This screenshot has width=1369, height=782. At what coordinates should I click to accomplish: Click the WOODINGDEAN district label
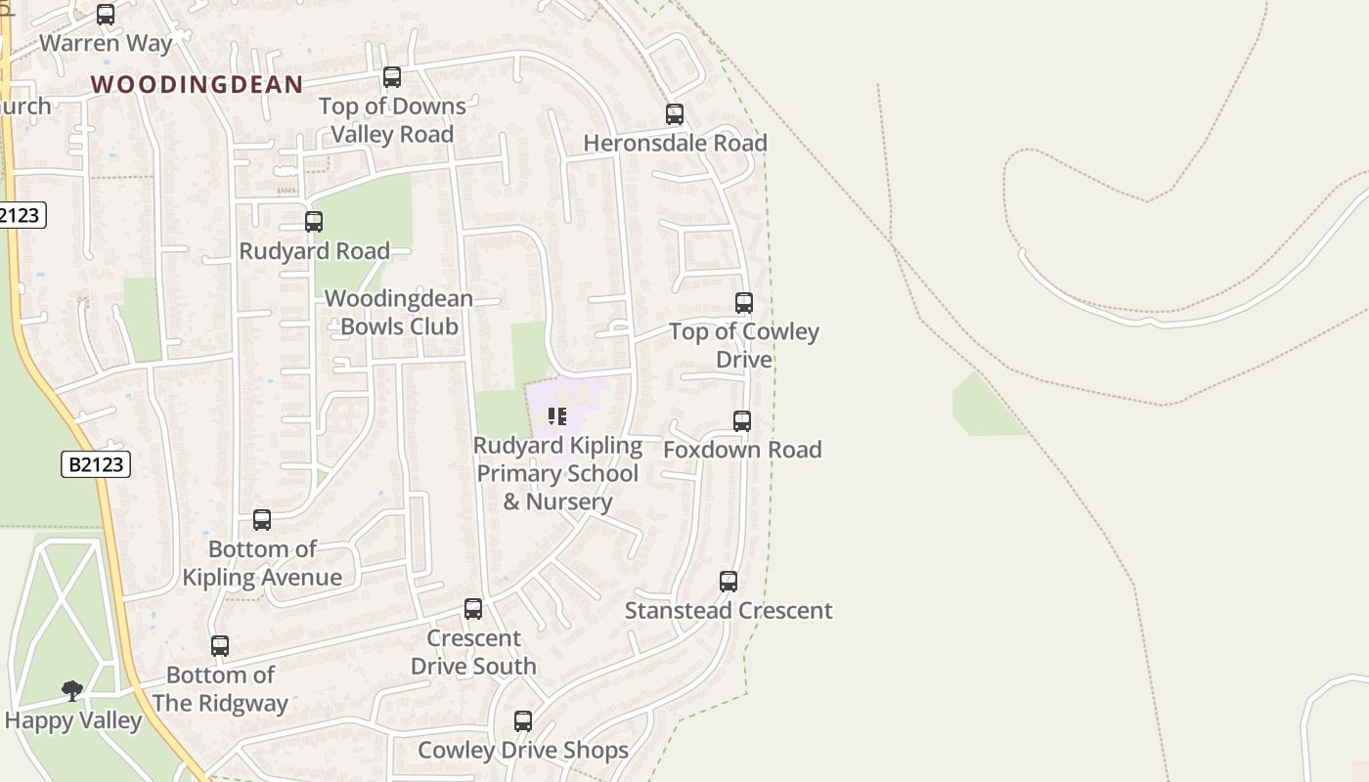pyautogui.click(x=197, y=84)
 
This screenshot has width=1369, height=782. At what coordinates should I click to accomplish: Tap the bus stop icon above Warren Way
pyautogui.click(x=106, y=15)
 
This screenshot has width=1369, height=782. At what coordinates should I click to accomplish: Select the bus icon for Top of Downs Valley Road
pyautogui.click(x=392, y=76)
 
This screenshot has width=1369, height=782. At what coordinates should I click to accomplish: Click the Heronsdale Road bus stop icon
pyautogui.click(x=675, y=114)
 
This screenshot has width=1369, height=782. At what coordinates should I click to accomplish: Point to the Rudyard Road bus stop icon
pyautogui.click(x=314, y=222)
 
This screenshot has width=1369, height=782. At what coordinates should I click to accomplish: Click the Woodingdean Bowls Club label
pyautogui.click(x=399, y=312)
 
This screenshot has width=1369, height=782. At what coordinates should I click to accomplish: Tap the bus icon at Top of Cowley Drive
pyautogui.click(x=744, y=303)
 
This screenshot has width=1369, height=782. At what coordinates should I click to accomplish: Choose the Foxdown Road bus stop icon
pyautogui.click(x=742, y=421)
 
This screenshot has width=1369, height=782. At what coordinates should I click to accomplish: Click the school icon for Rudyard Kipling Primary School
pyautogui.click(x=557, y=416)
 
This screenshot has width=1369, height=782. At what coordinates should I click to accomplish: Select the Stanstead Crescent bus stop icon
pyautogui.click(x=729, y=582)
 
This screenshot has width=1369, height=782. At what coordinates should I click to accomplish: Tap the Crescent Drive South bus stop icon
pyautogui.click(x=473, y=609)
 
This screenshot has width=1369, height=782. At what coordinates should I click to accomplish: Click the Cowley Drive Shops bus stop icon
pyautogui.click(x=523, y=721)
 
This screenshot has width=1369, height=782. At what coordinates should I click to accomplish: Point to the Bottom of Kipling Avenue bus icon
pyautogui.click(x=262, y=520)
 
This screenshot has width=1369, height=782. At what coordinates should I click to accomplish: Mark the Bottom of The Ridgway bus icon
pyautogui.click(x=220, y=646)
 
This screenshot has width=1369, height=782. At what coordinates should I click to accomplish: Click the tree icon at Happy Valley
pyautogui.click(x=71, y=691)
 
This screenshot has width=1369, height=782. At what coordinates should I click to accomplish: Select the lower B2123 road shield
pyautogui.click(x=96, y=464)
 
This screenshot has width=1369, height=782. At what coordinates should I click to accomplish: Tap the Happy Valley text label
pyautogui.click(x=73, y=721)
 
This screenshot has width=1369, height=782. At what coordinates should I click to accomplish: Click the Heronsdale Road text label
pyautogui.click(x=675, y=143)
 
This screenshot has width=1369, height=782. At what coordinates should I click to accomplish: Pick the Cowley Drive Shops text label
pyautogui.click(x=523, y=750)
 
